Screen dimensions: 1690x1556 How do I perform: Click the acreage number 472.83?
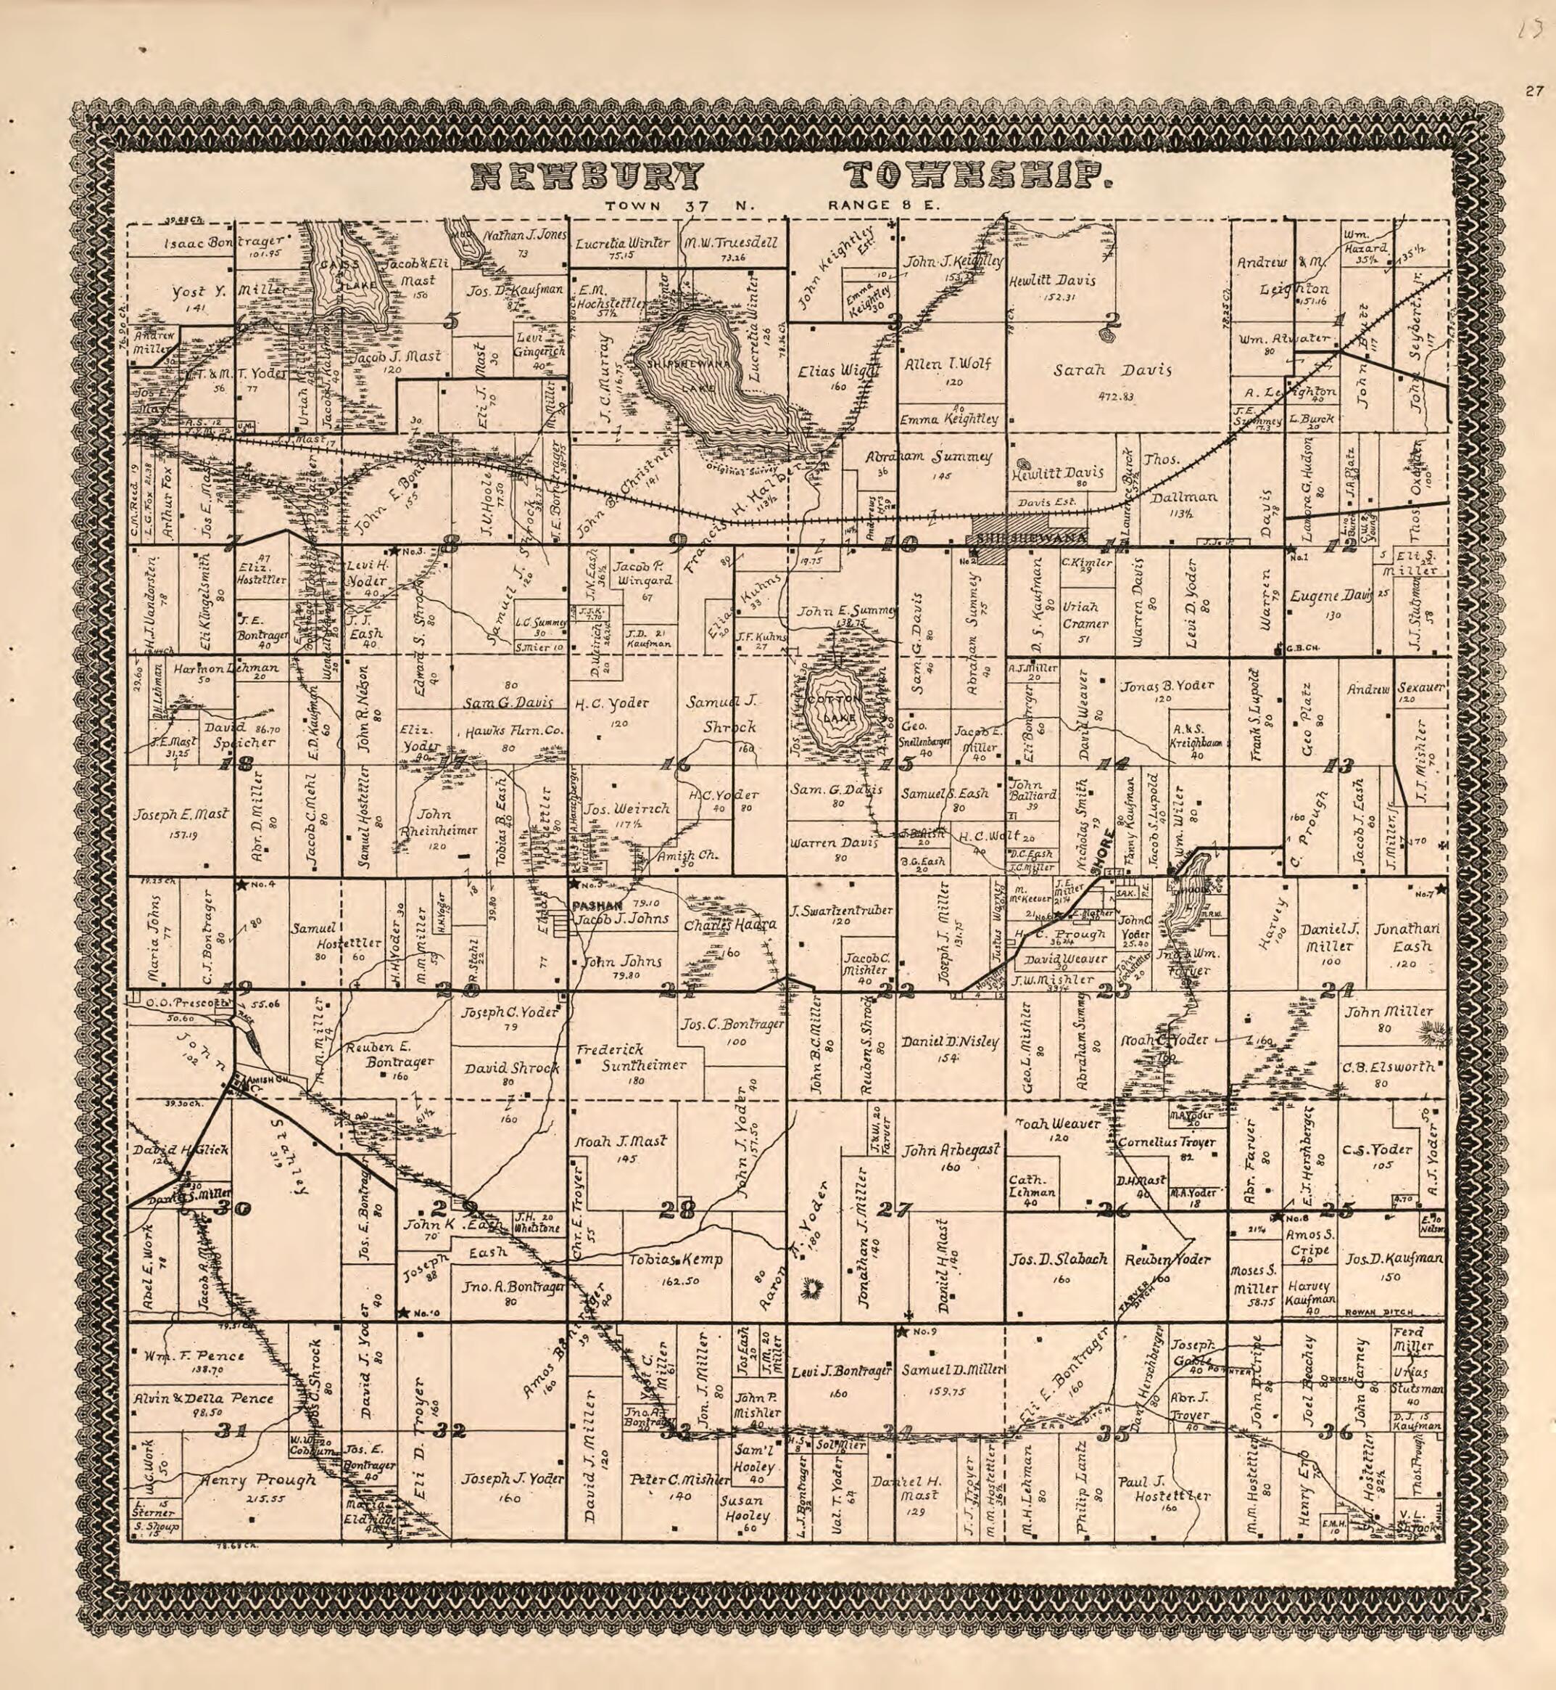[1117, 395]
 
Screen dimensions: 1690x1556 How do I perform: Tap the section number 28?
[678, 1210]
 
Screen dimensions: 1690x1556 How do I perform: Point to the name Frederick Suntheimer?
[631, 1057]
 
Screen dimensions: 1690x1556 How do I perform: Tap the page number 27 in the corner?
[1532, 92]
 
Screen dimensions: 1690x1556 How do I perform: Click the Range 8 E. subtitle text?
[884, 204]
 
